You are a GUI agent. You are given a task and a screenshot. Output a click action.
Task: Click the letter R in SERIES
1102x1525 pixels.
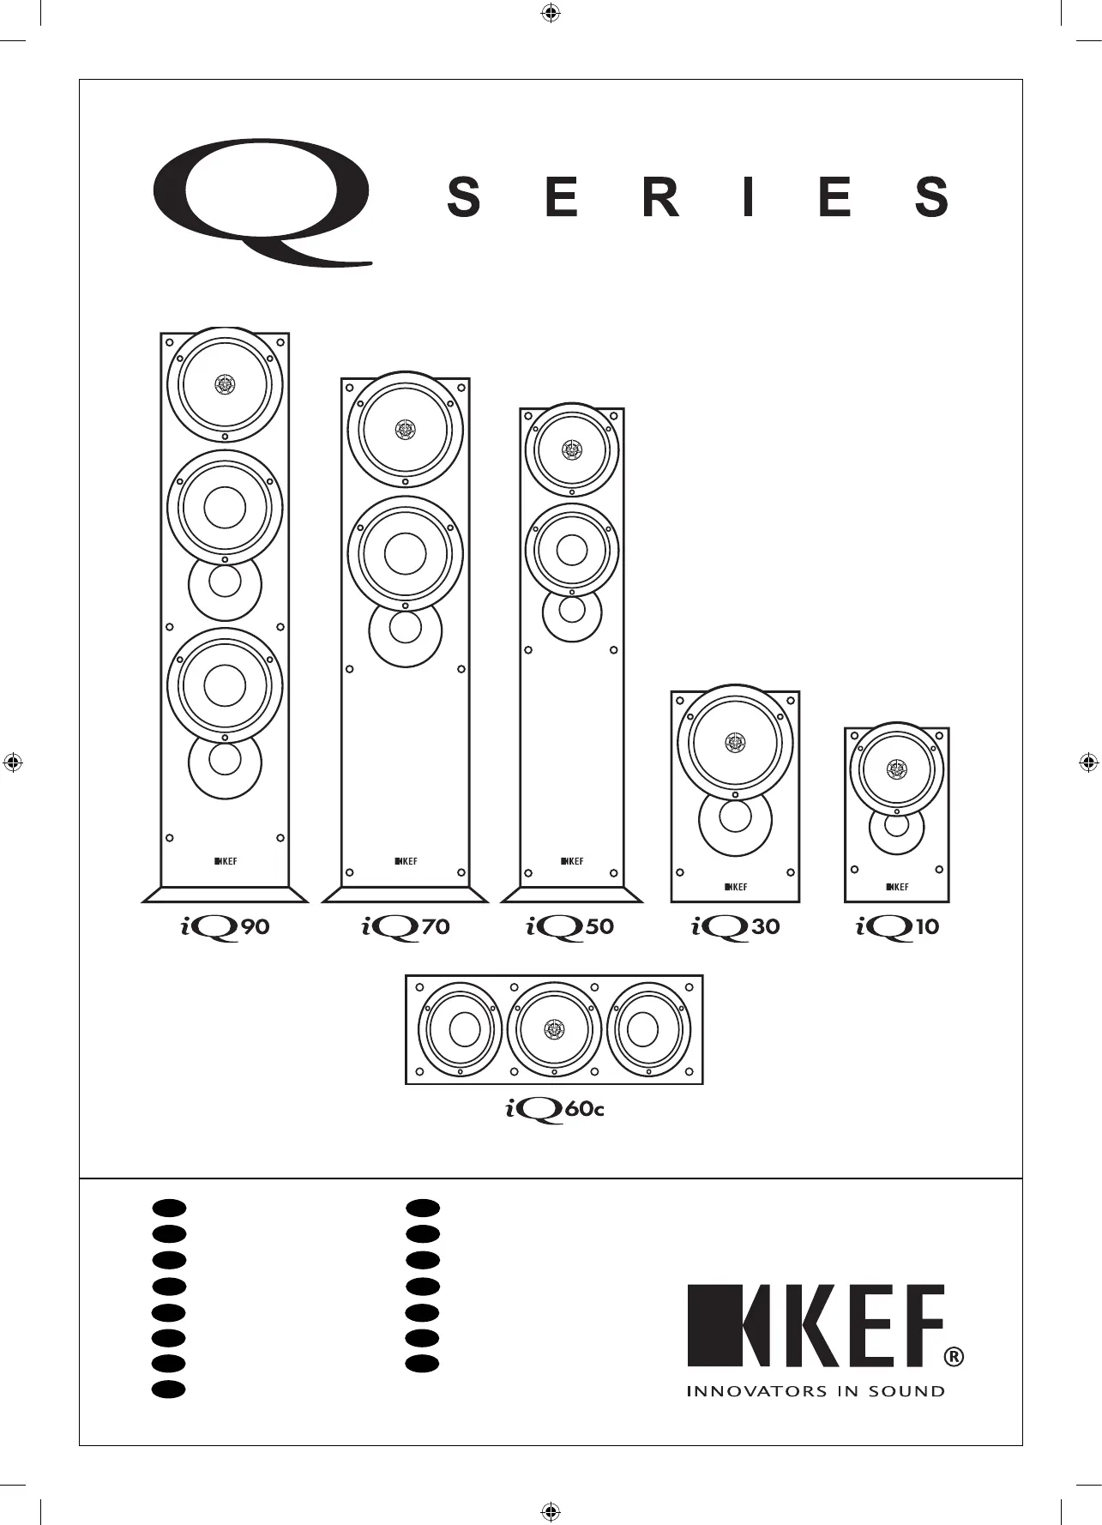point(660,197)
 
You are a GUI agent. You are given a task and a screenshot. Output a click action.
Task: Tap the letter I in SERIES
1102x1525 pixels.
point(749,197)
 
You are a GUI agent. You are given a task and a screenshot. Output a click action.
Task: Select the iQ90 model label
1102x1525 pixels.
point(226,928)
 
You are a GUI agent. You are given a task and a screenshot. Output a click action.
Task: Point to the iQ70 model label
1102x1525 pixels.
point(405,928)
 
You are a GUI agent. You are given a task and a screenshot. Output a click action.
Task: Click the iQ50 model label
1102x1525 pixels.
point(570,928)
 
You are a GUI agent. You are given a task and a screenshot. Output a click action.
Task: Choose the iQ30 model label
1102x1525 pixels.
point(736,928)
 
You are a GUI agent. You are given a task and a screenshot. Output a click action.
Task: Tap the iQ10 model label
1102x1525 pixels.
point(898,928)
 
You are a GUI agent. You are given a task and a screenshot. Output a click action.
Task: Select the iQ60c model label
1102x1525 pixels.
point(555,1110)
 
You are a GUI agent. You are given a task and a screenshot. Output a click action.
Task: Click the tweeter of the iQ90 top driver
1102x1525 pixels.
point(225,383)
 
